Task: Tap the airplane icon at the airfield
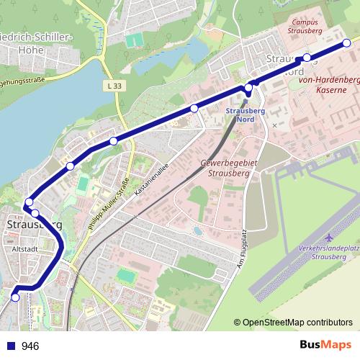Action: pos(330,238)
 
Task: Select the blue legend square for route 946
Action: pos(11,346)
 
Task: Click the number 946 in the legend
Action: pos(31,346)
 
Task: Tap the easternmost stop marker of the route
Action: pos(346,43)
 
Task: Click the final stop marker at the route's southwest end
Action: pos(16,297)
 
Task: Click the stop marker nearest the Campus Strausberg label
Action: pos(307,58)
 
